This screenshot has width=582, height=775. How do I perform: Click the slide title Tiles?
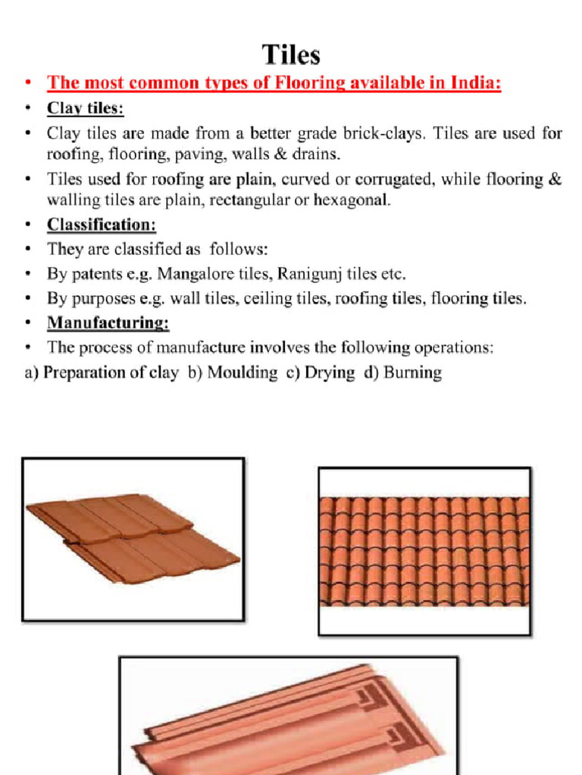(x=291, y=54)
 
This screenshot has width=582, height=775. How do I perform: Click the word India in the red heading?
(x=474, y=83)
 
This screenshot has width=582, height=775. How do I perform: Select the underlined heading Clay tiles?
(x=85, y=108)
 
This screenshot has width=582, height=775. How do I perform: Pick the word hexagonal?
(x=349, y=201)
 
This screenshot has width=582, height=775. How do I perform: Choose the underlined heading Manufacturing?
(x=108, y=323)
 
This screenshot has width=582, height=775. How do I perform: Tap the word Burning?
(x=413, y=373)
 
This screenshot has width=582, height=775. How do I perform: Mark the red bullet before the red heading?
(x=28, y=83)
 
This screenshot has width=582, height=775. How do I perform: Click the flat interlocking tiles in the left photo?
(x=133, y=539)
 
